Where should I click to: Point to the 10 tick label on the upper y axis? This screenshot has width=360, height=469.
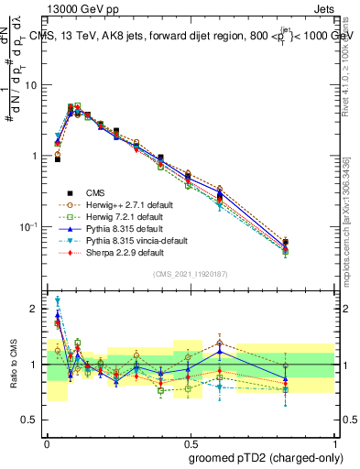[31, 85]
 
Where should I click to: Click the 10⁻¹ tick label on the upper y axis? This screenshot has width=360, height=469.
[29, 226]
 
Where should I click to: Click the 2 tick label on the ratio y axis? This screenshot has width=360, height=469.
[35, 309]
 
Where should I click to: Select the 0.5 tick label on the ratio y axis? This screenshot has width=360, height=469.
[31, 420]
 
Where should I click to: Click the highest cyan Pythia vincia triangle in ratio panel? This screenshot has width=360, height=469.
[58, 300]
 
